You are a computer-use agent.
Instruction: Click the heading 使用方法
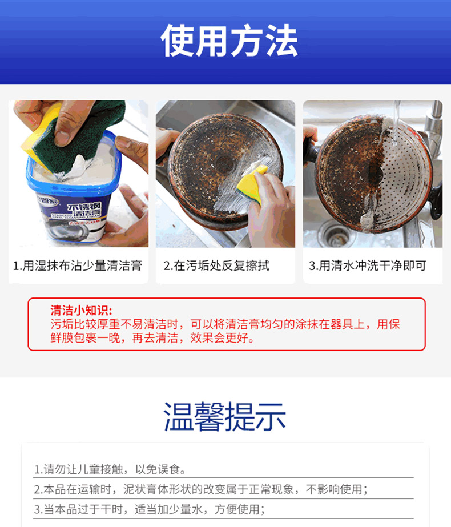[x=229, y=41]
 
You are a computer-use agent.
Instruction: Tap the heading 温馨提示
[x=225, y=416]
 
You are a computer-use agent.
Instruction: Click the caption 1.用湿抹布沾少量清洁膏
[x=78, y=265]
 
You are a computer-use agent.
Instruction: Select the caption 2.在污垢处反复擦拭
[x=216, y=265]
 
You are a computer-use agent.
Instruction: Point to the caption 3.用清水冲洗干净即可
[x=367, y=265]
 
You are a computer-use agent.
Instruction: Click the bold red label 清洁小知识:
[x=81, y=310]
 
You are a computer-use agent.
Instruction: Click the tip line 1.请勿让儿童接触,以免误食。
[x=110, y=469]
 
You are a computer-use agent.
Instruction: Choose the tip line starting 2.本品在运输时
[x=200, y=489]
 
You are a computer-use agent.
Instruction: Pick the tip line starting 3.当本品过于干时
[x=150, y=509]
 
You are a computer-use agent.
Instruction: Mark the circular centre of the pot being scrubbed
[x=225, y=164]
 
